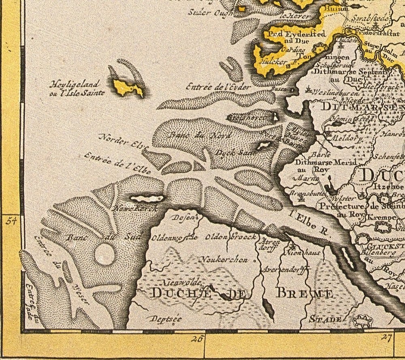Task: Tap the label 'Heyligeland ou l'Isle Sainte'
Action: click(x=77, y=88)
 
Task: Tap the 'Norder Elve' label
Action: click(x=124, y=142)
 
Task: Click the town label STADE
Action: click(x=326, y=319)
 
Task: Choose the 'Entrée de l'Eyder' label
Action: click(x=218, y=87)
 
